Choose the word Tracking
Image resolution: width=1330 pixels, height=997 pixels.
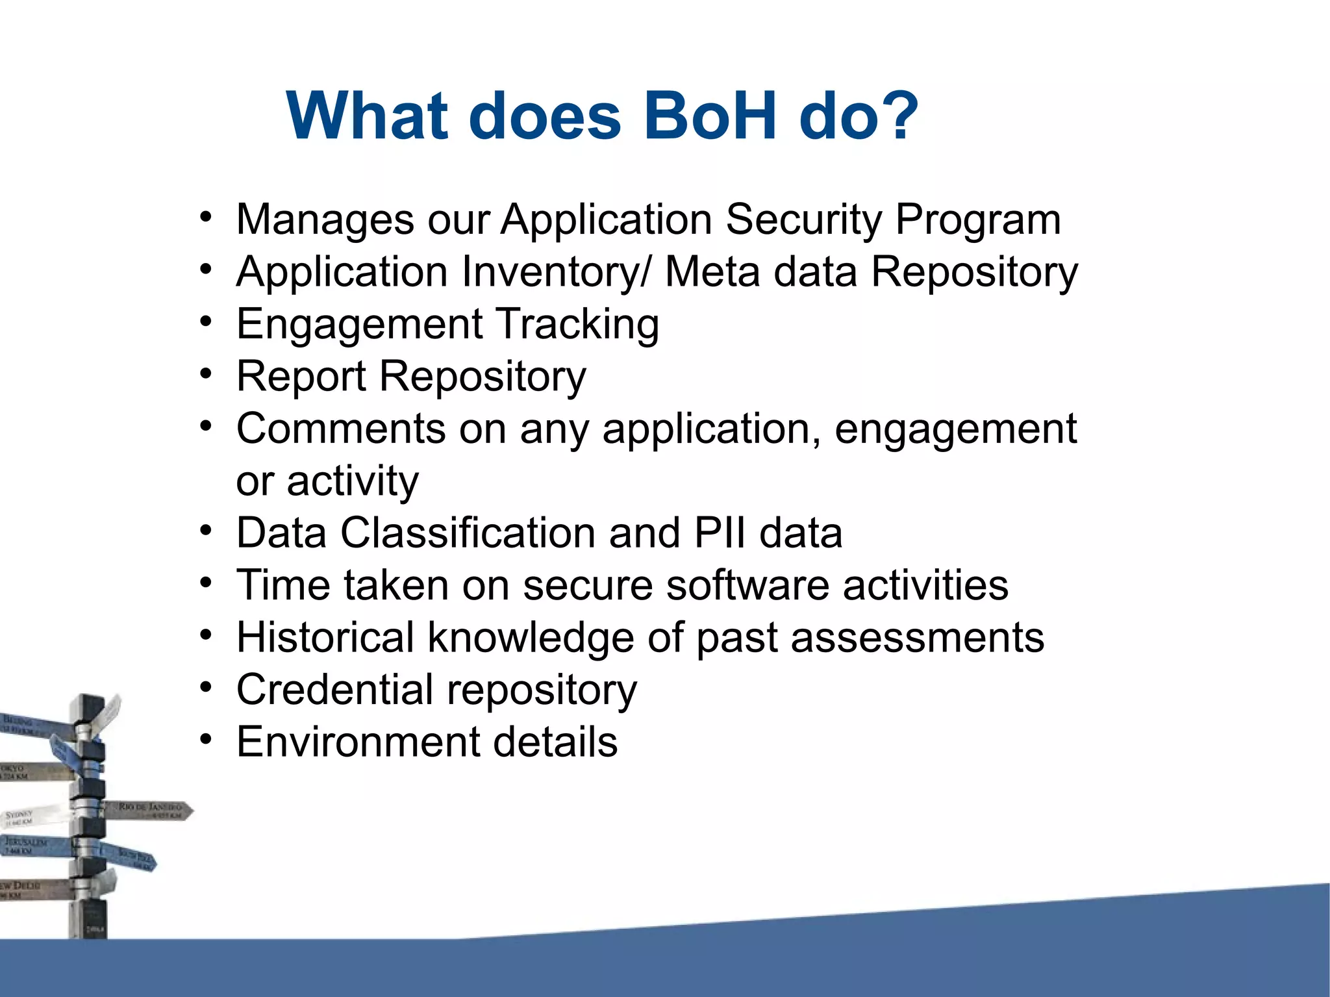pyautogui.click(x=578, y=324)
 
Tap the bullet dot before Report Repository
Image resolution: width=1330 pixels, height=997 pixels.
pyautogui.click(x=206, y=374)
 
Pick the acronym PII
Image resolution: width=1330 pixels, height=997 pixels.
pyautogui.click(x=720, y=533)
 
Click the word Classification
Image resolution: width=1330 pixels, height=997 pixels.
pyautogui.click(x=468, y=533)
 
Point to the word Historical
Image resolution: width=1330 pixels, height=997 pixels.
pyautogui.click(x=325, y=638)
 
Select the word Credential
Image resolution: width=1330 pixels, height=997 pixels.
pyautogui.click(x=334, y=690)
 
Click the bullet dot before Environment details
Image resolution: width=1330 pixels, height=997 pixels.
pyautogui.click(x=206, y=739)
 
